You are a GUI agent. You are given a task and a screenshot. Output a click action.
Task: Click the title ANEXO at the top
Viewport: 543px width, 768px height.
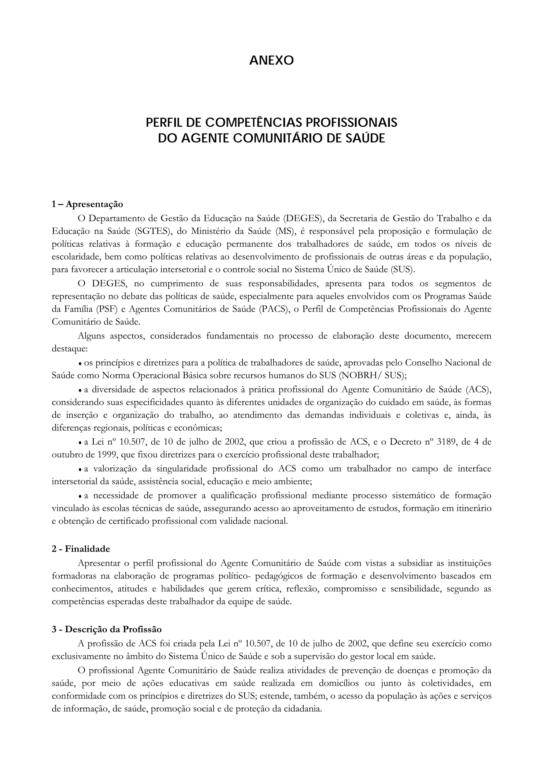coord(271,60)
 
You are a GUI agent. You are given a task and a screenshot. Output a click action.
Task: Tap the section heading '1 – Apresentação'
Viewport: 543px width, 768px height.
coord(87,204)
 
